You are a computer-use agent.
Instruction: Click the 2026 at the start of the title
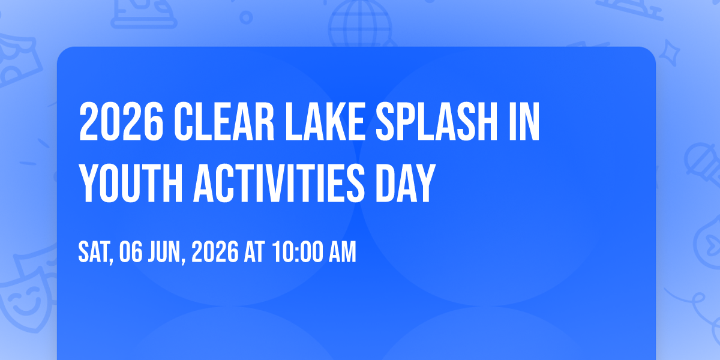121,121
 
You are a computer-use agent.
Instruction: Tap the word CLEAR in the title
224,121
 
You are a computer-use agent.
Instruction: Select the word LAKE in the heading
325,121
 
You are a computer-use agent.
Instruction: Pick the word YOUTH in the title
131,183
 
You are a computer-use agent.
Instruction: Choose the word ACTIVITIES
278,183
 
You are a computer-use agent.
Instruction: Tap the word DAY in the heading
406,183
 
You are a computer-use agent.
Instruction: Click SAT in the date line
95,252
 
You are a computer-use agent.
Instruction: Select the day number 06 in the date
131,252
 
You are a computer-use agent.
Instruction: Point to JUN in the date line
166,252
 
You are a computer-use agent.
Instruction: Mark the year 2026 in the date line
215,252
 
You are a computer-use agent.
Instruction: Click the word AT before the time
254,252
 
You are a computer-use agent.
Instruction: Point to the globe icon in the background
360,24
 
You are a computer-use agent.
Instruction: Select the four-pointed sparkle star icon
670,53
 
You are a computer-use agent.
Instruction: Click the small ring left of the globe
246,17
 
